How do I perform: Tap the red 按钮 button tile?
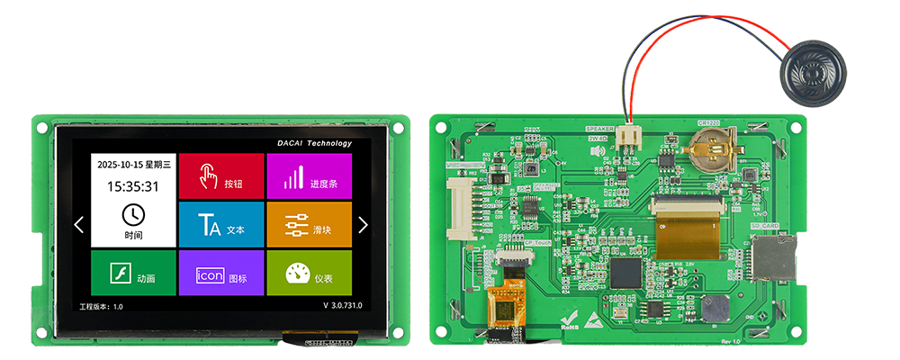(220, 176)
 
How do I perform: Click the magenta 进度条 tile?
(309, 176)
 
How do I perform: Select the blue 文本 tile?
(220, 225)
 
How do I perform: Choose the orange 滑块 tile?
(309, 225)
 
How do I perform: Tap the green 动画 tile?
(132, 274)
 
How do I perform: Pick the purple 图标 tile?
(220, 274)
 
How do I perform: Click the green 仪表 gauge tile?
(309, 274)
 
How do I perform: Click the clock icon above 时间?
(133, 214)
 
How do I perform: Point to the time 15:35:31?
(133, 187)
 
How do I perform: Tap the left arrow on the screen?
(79, 225)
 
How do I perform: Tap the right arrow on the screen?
(363, 225)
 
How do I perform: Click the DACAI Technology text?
(315, 143)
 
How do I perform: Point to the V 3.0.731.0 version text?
(342, 306)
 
